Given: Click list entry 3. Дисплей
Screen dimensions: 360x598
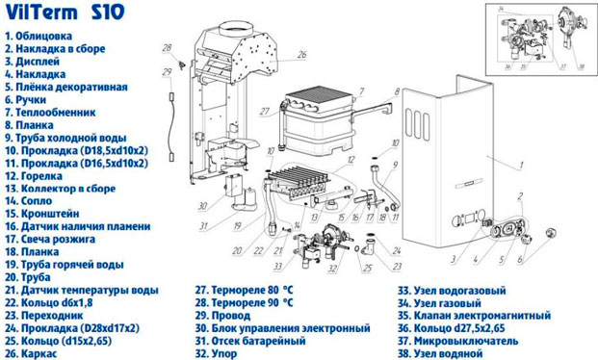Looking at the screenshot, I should pyautogui.click(x=35, y=60).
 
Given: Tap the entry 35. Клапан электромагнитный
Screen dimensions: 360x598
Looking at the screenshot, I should pyautogui.click(x=473, y=314).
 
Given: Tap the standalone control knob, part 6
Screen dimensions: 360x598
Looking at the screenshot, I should pyautogui.click(x=554, y=234).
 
